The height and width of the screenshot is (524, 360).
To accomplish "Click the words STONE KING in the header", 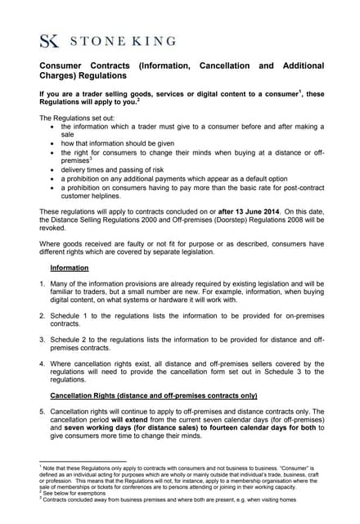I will tap(123, 40).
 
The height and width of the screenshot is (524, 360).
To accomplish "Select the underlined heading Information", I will tap(70, 268).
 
